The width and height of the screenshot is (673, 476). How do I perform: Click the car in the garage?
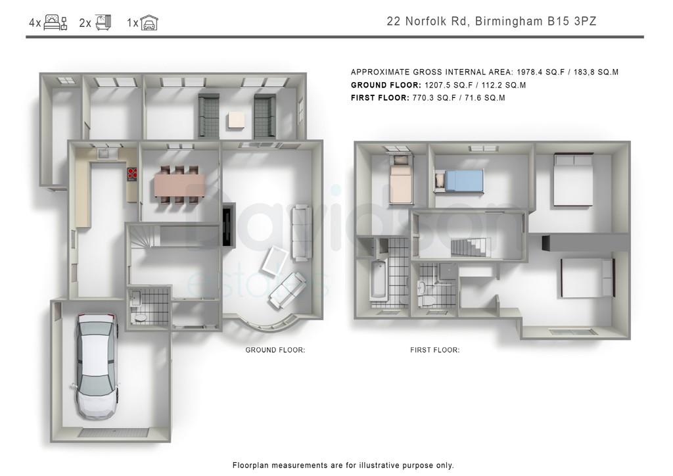point(96,367)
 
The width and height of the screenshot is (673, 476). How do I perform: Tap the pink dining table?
point(179,183)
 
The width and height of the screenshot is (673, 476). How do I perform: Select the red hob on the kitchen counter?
point(132,174)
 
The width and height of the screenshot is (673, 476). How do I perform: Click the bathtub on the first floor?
point(379,279)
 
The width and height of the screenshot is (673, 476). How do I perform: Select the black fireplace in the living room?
point(228,224)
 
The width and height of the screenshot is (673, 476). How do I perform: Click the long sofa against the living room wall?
point(301,233)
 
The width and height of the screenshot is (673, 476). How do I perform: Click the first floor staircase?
point(471,249)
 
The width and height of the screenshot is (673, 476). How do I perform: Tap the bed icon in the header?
point(55,22)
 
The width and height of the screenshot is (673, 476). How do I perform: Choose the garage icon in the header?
point(149,22)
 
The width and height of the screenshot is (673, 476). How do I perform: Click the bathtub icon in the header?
point(103,22)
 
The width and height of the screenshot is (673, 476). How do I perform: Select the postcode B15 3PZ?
point(572,21)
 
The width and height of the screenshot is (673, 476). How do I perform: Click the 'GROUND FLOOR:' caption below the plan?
point(275,350)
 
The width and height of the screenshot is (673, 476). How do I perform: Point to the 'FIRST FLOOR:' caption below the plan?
point(435,350)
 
